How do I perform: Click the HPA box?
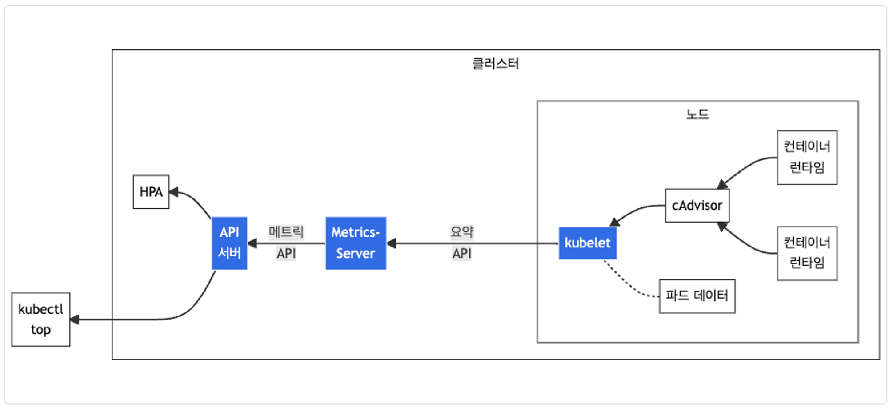[151, 192]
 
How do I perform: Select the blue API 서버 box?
[229, 243]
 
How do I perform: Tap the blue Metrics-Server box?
[356, 243]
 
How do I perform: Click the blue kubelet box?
[587, 243]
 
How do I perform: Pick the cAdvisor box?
[697, 206]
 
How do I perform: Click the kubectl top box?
[40, 319]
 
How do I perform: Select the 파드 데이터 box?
[697, 296]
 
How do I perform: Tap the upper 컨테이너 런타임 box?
[807, 157]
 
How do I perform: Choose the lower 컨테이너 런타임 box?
[807, 253]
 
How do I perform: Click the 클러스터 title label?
[495, 64]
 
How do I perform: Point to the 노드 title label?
[697, 114]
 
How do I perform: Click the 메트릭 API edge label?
[286, 243]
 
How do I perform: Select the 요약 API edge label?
[461, 243]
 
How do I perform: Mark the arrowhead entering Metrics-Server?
[392, 243]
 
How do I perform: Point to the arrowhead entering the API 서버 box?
[252, 243]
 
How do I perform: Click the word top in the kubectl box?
[40, 330]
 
